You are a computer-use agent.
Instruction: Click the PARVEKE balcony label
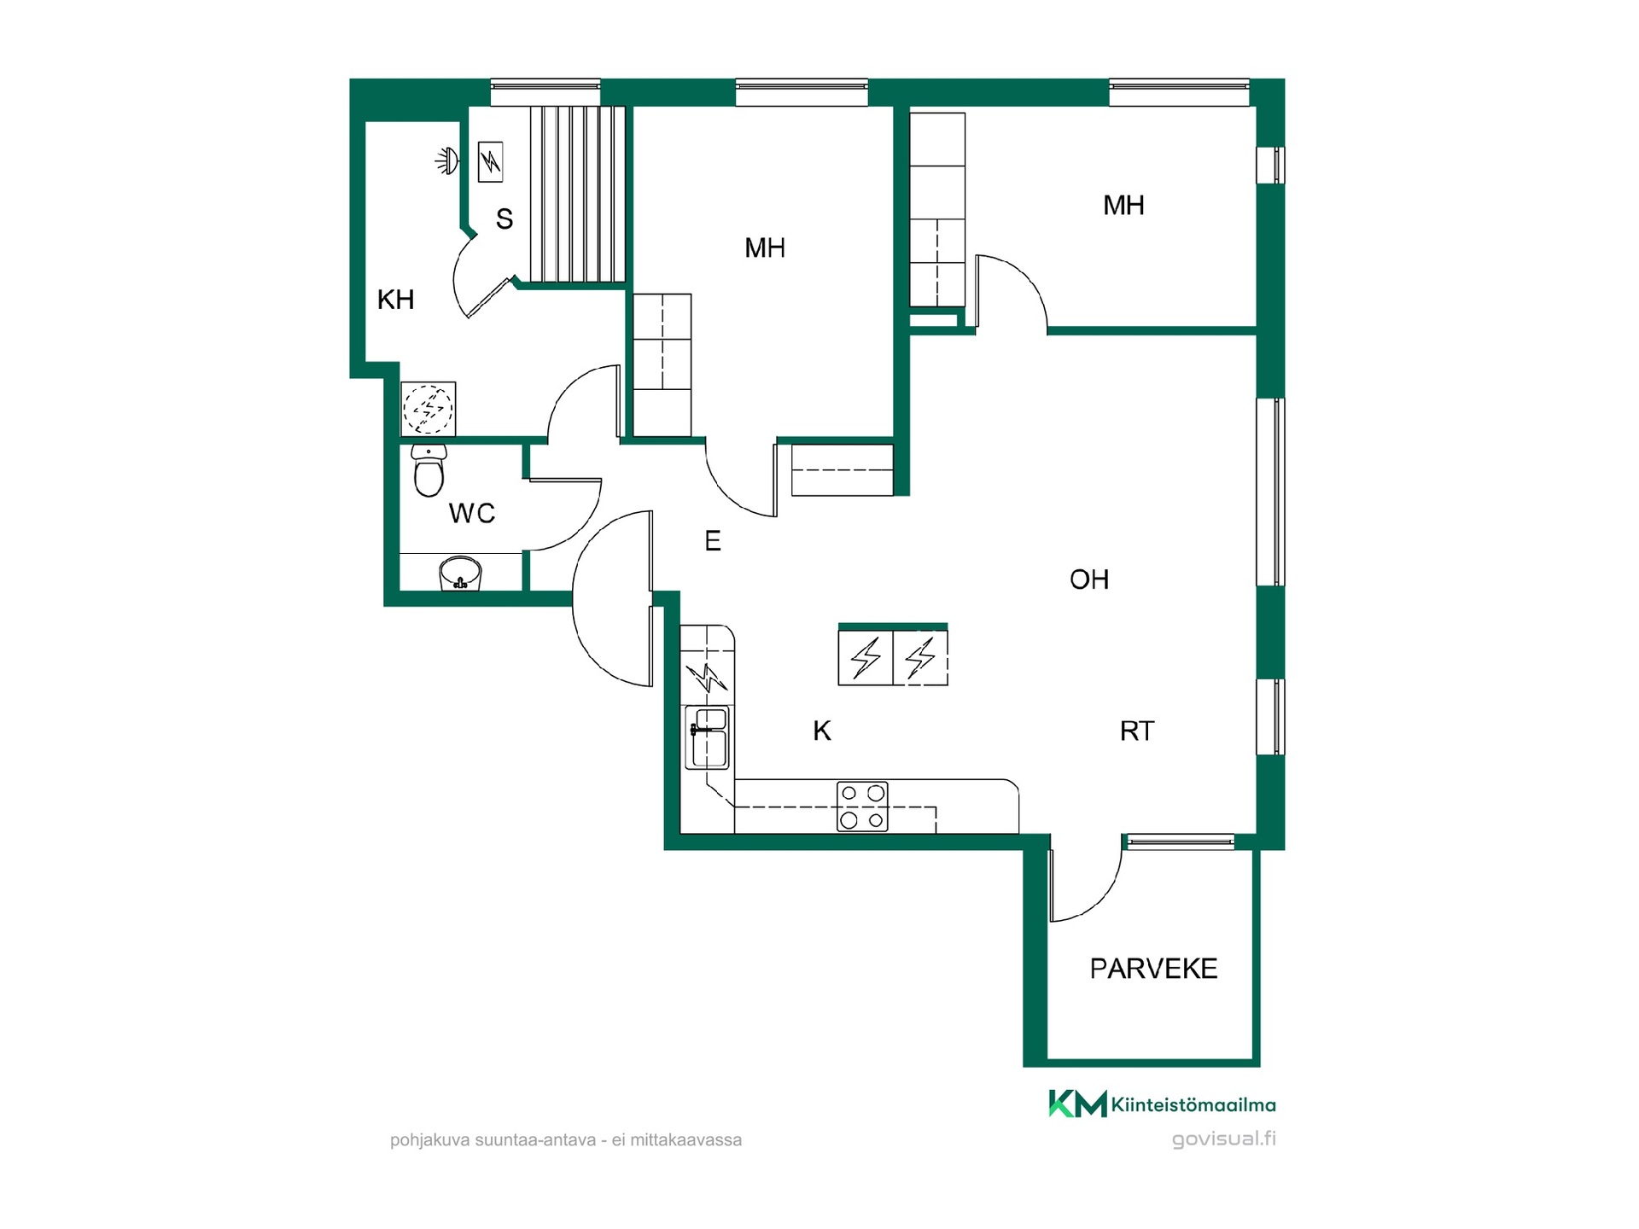tap(1153, 969)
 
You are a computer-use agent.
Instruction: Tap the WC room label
tap(472, 513)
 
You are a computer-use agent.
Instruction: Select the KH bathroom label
tap(396, 300)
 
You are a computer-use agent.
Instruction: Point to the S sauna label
tap(505, 219)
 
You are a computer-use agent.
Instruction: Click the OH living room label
tap(1089, 580)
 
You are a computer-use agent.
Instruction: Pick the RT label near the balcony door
tap(1137, 731)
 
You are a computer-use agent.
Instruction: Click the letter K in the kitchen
tap(822, 731)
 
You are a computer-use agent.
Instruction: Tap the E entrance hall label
tap(713, 540)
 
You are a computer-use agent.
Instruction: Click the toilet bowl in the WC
tap(429, 470)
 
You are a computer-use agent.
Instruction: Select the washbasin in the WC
tap(460, 574)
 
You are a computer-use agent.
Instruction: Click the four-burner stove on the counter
tap(862, 807)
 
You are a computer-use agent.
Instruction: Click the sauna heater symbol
tap(490, 161)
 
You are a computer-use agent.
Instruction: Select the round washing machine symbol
tap(429, 409)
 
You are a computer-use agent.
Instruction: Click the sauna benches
tap(578, 195)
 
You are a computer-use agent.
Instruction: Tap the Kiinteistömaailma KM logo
tap(1162, 1104)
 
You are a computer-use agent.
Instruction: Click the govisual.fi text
tap(1223, 1139)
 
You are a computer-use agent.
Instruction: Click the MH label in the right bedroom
tap(1123, 205)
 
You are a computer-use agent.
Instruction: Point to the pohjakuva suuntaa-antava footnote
tap(566, 1140)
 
